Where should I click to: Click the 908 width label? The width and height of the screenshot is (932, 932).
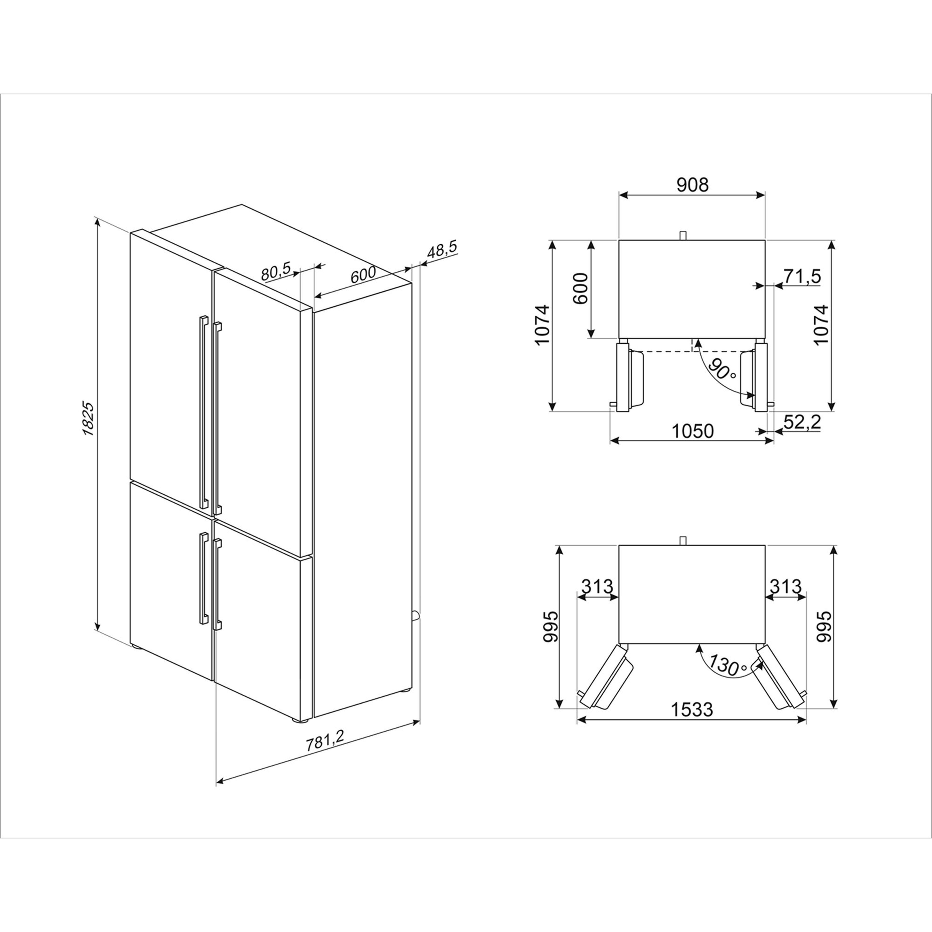tap(692, 185)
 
